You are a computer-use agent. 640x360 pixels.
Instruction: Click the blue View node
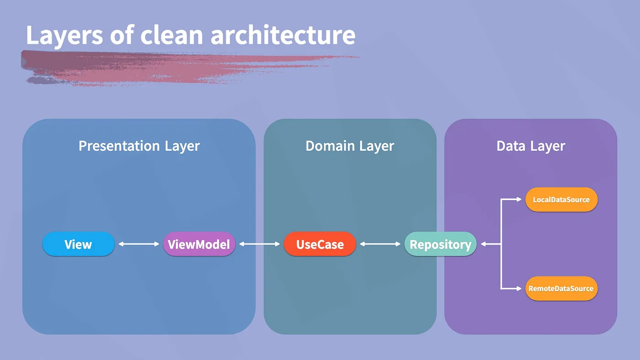pyautogui.click(x=78, y=244)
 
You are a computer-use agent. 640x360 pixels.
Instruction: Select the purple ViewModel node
pyautogui.click(x=199, y=244)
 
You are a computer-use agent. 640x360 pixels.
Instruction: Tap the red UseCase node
pyautogui.click(x=320, y=244)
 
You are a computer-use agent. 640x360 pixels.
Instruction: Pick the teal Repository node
pyautogui.click(x=440, y=244)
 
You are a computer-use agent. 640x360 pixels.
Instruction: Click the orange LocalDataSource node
pyautogui.click(x=561, y=200)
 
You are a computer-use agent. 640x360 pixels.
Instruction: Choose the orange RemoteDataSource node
pyautogui.click(x=561, y=289)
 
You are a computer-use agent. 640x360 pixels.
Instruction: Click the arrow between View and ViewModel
pyautogui.click(x=139, y=244)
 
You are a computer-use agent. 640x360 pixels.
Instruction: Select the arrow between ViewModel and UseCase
pyautogui.click(x=259, y=244)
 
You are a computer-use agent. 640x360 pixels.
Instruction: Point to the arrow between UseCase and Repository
pyautogui.click(x=380, y=244)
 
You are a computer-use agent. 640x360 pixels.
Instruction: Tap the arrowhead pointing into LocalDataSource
pyautogui.click(x=519, y=200)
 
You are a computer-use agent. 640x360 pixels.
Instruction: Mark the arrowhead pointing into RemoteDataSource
pyautogui.click(x=519, y=289)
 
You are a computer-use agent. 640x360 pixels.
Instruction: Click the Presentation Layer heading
pyautogui.click(x=139, y=146)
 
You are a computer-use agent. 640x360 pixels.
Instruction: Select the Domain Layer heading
pyautogui.click(x=350, y=146)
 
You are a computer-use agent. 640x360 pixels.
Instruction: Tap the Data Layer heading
pyautogui.click(x=531, y=146)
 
